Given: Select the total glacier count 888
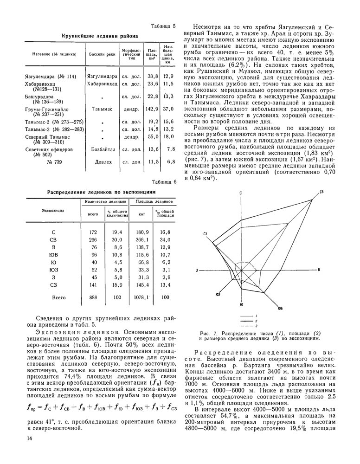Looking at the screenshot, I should pos(93,297).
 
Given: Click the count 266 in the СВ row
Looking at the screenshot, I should pos(93,239).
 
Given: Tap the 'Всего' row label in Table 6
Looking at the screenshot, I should pos(59,297).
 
